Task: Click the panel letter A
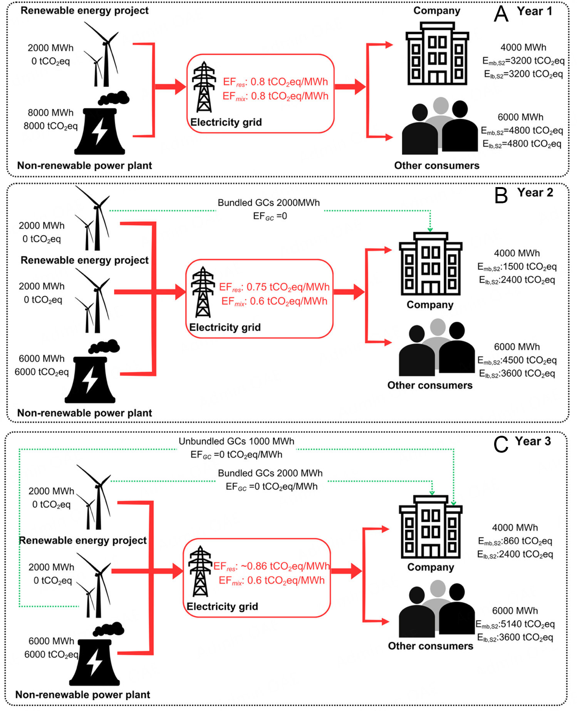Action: [501, 14]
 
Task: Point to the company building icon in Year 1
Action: [437, 54]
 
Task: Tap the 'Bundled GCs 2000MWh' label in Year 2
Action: [268, 203]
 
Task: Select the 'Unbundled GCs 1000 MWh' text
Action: [236, 442]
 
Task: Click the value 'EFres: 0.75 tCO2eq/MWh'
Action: [274, 287]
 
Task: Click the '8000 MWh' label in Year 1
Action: [50, 113]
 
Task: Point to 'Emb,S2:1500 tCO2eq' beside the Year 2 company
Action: [517, 267]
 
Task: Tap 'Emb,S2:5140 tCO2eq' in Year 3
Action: [515, 624]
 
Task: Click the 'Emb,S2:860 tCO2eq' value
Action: [515, 541]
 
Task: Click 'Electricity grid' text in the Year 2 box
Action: [225, 328]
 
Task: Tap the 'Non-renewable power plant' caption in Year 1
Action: [84, 166]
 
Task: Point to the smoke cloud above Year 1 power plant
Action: [114, 98]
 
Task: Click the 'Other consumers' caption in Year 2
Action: [430, 385]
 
